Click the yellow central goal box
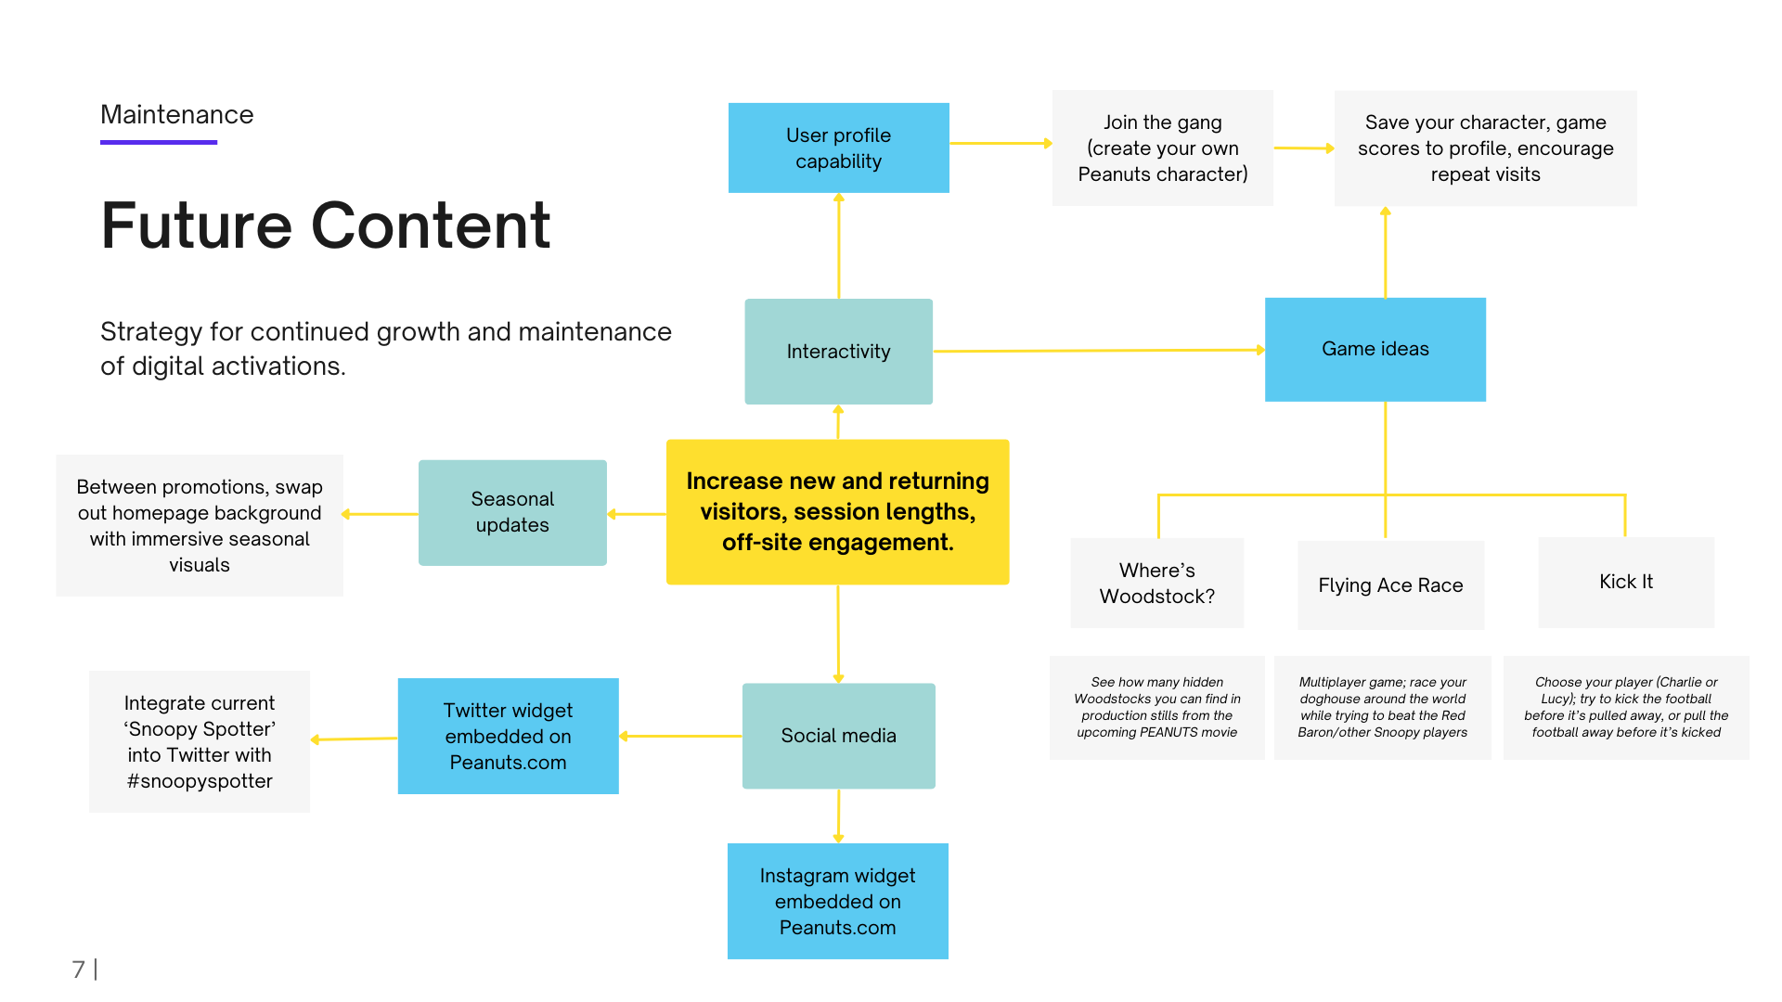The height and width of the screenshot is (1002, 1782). [837, 511]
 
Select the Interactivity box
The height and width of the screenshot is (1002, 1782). [838, 352]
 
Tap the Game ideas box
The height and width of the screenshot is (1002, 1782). [1375, 350]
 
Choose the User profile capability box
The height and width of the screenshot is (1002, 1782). [838, 148]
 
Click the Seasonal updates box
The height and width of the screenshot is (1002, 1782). [512, 512]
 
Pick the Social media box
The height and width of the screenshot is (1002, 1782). [838, 736]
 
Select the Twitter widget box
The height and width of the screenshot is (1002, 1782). [508, 736]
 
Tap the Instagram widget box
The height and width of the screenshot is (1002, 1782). [837, 901]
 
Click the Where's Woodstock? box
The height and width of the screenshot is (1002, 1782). [1156, 583]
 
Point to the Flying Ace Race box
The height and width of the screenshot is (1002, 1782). [1390, 585]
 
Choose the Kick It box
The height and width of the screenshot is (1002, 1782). [1625, 582]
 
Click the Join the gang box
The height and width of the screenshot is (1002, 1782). [1162, 148]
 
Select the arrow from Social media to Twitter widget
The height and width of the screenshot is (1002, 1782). [680, 736]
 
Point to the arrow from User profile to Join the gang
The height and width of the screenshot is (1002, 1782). [1001, 143]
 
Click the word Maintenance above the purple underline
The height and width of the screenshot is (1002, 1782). [176, 115]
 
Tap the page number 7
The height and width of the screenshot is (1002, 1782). [78, 970]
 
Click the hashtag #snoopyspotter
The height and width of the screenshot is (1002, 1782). [200, 781]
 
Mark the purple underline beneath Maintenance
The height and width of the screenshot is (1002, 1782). [159, 142]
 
